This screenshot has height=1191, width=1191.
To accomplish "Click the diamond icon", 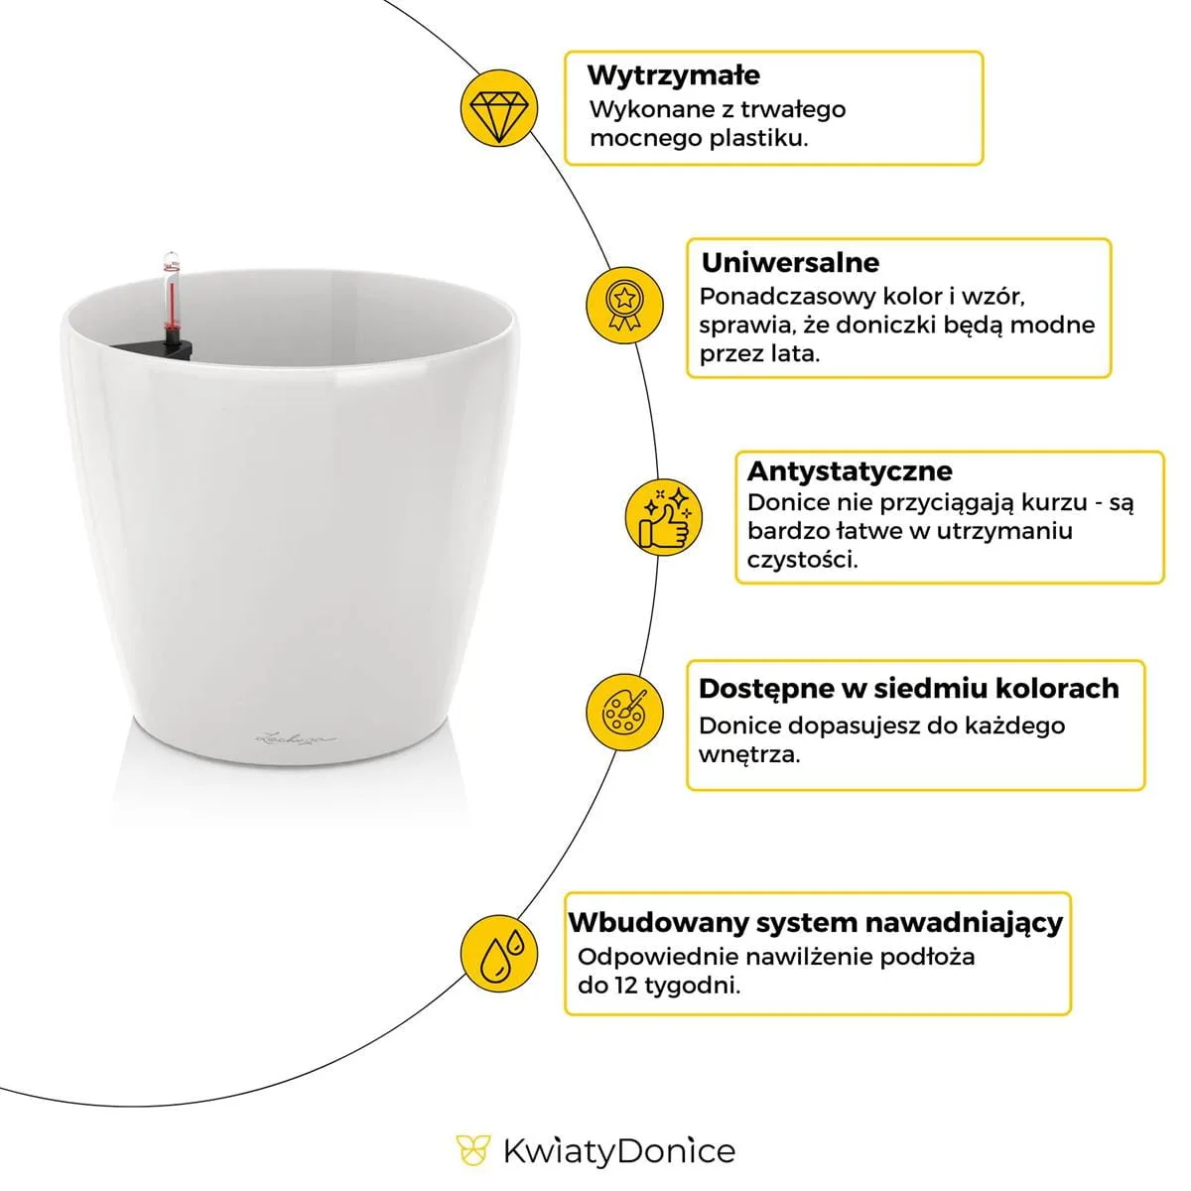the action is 499,108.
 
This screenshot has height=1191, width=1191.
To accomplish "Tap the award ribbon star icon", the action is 624,305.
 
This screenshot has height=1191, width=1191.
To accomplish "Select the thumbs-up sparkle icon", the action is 664,517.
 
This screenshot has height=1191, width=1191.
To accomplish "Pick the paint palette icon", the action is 624,712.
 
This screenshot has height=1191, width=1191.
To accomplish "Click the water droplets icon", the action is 499,954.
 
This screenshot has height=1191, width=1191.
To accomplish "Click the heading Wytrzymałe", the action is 674,74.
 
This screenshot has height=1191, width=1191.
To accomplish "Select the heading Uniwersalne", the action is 790,263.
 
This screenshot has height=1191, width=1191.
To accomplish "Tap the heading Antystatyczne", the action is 850,471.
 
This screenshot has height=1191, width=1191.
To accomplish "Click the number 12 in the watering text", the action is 626,986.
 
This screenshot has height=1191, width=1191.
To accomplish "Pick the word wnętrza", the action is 749,754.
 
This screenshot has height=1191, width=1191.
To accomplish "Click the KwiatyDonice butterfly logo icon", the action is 472,1151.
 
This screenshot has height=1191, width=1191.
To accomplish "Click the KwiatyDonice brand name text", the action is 619,1152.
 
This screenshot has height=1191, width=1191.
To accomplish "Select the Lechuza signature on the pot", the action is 297,737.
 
